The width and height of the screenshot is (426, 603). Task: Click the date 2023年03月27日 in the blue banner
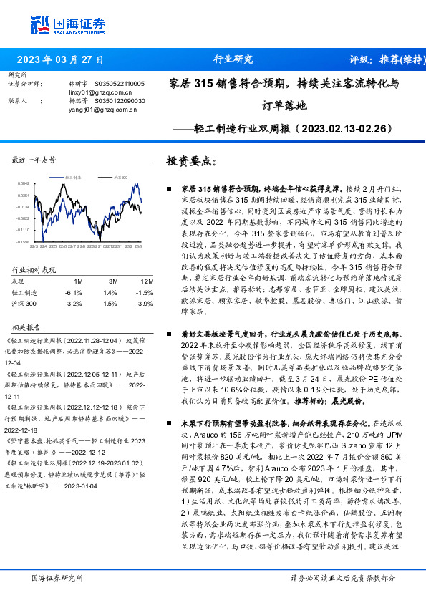59,59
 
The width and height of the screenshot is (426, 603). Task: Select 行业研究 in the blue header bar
233,59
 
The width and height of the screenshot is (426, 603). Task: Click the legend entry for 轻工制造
73,175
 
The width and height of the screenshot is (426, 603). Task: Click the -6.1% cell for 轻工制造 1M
74,293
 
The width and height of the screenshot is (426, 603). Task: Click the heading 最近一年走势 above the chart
34,160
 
